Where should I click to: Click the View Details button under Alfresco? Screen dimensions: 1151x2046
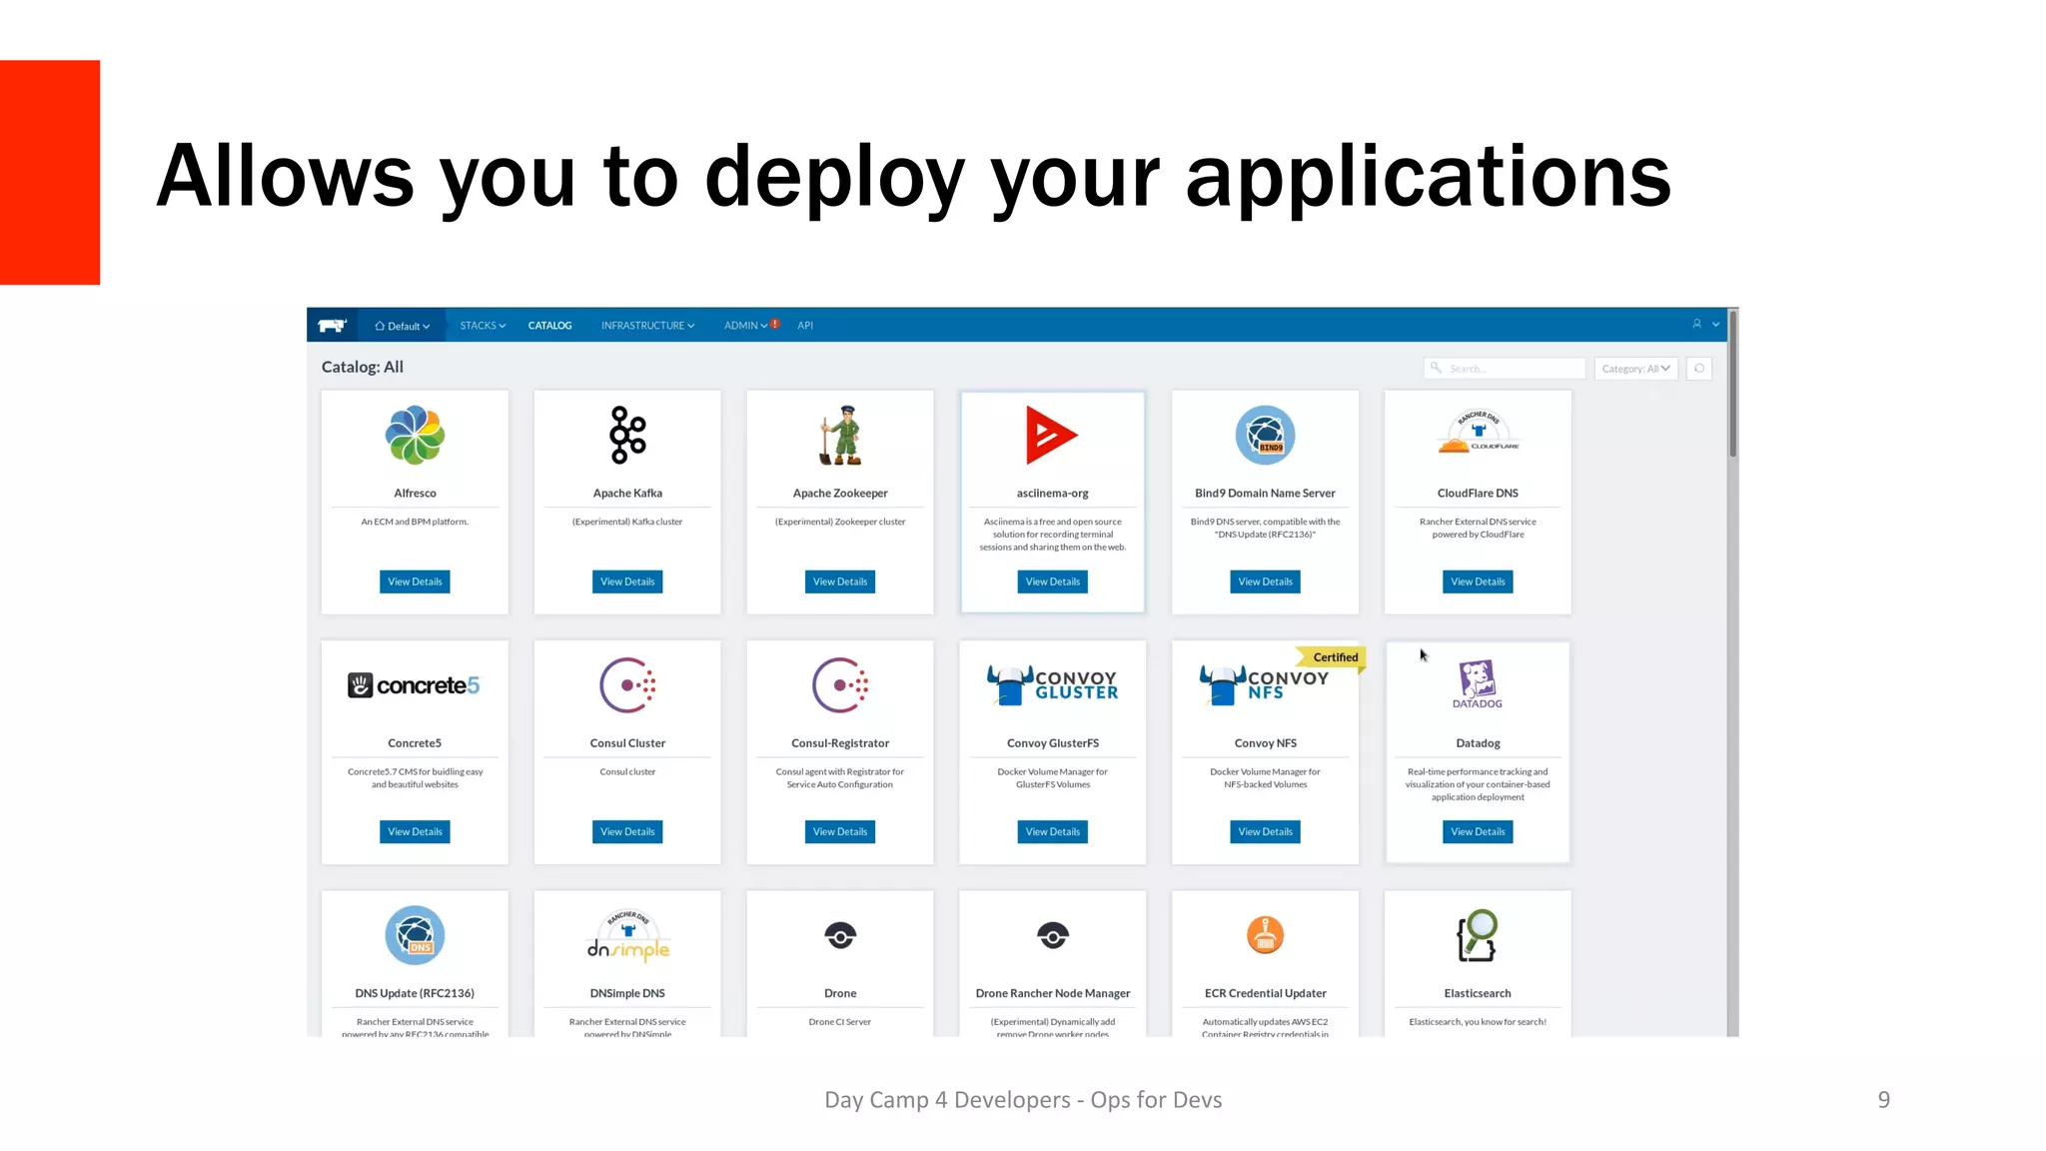pos(415,581)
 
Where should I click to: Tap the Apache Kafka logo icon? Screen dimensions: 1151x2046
pos(628,435)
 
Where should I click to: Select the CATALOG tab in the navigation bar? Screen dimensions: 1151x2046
pos(549,326)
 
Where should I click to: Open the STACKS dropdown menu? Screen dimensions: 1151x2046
pos(483,326)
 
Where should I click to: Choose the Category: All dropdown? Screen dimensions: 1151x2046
pos(1635,369)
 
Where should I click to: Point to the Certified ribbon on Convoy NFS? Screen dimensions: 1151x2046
pos(1334,657)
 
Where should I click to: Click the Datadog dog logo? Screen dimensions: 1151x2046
pos(1477,679)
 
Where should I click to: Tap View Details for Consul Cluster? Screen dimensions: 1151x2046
pos(627,831)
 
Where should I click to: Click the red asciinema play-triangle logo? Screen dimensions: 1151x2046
pos(1050,435)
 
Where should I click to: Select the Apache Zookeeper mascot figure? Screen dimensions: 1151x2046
pos(841,436)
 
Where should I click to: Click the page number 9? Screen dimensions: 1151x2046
pos(1883,1100)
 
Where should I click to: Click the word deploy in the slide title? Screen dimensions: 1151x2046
pos(835,178)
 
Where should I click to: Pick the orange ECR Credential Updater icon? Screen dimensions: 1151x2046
pos(1265,935)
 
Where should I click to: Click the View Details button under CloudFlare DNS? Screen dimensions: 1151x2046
pos(1478,581)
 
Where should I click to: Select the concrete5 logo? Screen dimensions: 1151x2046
pos(414,685)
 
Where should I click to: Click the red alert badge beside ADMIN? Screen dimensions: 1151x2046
pos(775,324)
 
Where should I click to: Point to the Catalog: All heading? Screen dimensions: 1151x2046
pos(363,367)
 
